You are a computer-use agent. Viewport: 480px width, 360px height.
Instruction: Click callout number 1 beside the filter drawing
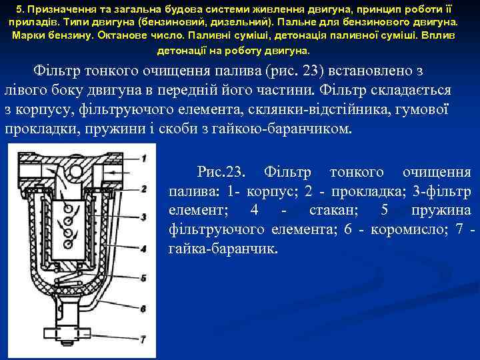144,159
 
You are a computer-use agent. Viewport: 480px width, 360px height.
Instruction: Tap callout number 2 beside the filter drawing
144,189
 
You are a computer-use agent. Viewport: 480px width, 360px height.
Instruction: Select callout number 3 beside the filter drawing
144,217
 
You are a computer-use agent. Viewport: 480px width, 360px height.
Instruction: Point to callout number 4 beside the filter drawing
144,249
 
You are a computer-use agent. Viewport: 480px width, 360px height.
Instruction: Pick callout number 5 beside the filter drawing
144,277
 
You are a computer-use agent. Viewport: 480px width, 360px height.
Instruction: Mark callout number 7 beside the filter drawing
144,338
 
